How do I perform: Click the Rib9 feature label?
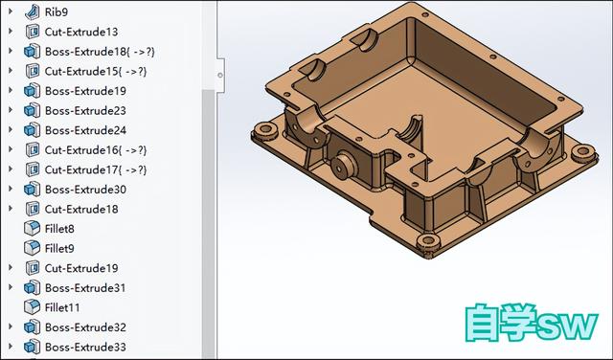pyautogui.click(x=57, y=11)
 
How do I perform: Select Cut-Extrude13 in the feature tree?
pyautogui.click(x=80, y=32)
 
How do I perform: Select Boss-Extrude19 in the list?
pyautogui.click(x=85, y=91)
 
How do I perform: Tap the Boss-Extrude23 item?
pyautogui.click(x=85, y=110)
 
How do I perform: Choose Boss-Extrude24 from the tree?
pyautogui.click(x=85, y=130)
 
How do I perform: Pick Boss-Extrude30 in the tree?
pyautogui.click(x=85, y=190)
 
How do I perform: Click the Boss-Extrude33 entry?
pyautogui.click(x=85, y=347)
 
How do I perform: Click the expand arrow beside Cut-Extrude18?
pyautogui.click(x=11, y=209)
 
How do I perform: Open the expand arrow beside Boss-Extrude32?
pyautogui.click(x=11, y=327)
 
